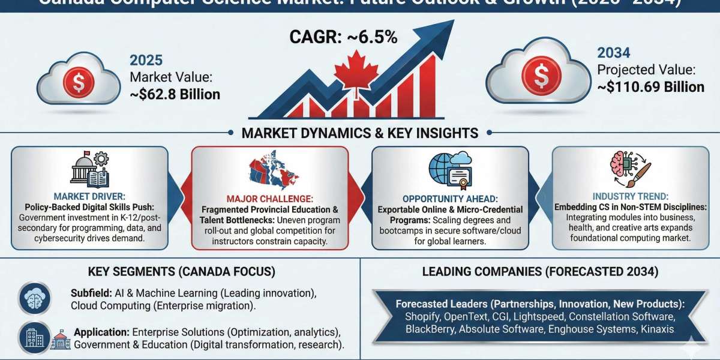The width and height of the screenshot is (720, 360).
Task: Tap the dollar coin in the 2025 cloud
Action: pyautogui.click(x=79, y=83)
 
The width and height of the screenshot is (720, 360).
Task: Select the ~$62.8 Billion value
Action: pyautogui.click(x=175, y=94)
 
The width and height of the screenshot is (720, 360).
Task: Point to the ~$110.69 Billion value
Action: pyautogui.click(x=650, y=87)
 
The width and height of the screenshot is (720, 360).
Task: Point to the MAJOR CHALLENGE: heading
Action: pyautogui.click(x=269, y=199)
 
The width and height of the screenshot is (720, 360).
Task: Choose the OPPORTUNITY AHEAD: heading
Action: pyautogui.click(x=450, y=198)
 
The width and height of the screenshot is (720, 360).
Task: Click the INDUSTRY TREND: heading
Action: pyautogui.click(x=629, y=196)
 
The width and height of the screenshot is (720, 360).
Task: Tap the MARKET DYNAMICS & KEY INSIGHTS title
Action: pyautogui.click(x=359, y=133)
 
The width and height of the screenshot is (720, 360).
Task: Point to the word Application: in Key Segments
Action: pyautogui.click(x=101, y=332)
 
